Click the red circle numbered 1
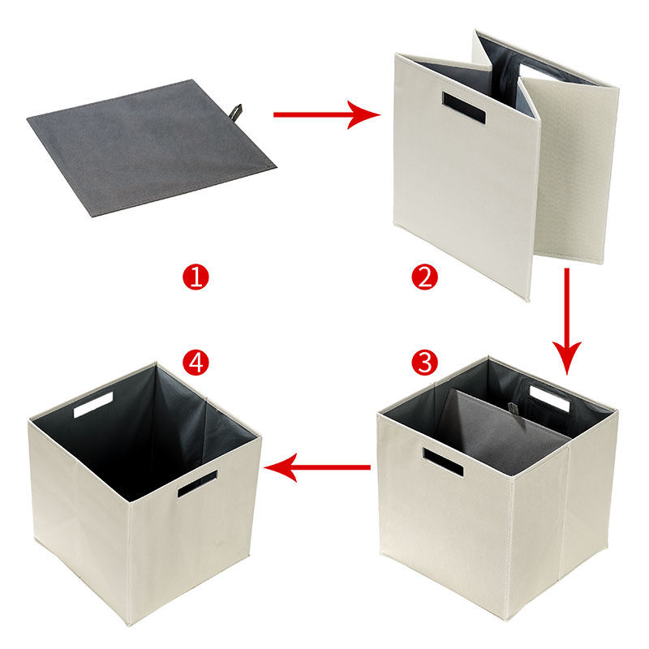(196, 278)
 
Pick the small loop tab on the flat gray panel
(237, 110)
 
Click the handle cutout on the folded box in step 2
(463, 107)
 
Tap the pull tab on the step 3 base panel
(513, 408)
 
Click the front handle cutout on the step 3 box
(442, 462)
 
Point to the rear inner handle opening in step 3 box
(549, 398)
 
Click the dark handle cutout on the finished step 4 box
(197, 484)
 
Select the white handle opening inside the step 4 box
(93, 404)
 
